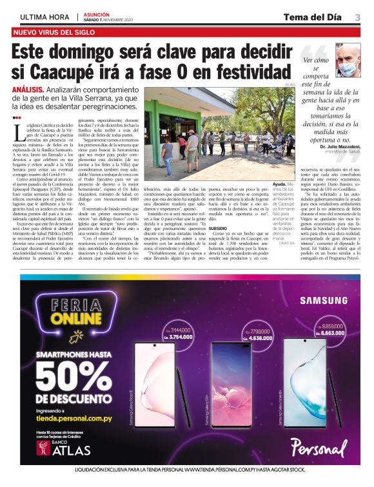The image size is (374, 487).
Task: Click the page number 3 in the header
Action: pyautogui.click(x=357, y=16)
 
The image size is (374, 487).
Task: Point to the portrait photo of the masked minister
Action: pyautogui.click(x=347, y=59)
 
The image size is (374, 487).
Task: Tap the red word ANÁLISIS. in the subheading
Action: pyautogui.click(x=28, y=90)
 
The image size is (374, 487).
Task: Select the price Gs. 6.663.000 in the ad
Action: pyautogui.click(x=331, y=332)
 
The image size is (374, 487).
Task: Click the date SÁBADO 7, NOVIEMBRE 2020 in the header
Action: pyautogui.click(x=112, y=19)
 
